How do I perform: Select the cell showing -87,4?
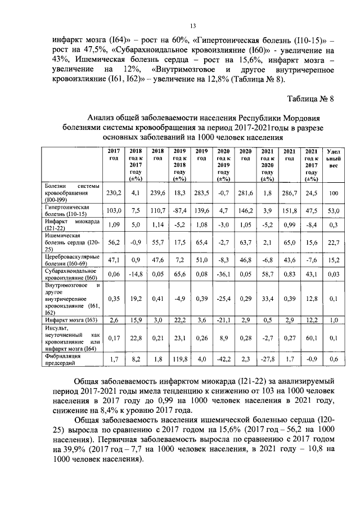pos(179,210)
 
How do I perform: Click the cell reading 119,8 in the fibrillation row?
pos(179,358)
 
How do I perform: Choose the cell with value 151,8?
pos(290,210)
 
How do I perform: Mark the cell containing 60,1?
pos(311,337)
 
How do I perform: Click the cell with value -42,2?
pos(223,358)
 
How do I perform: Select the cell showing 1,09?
pos(114,225)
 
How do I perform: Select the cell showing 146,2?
pos(245,210)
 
